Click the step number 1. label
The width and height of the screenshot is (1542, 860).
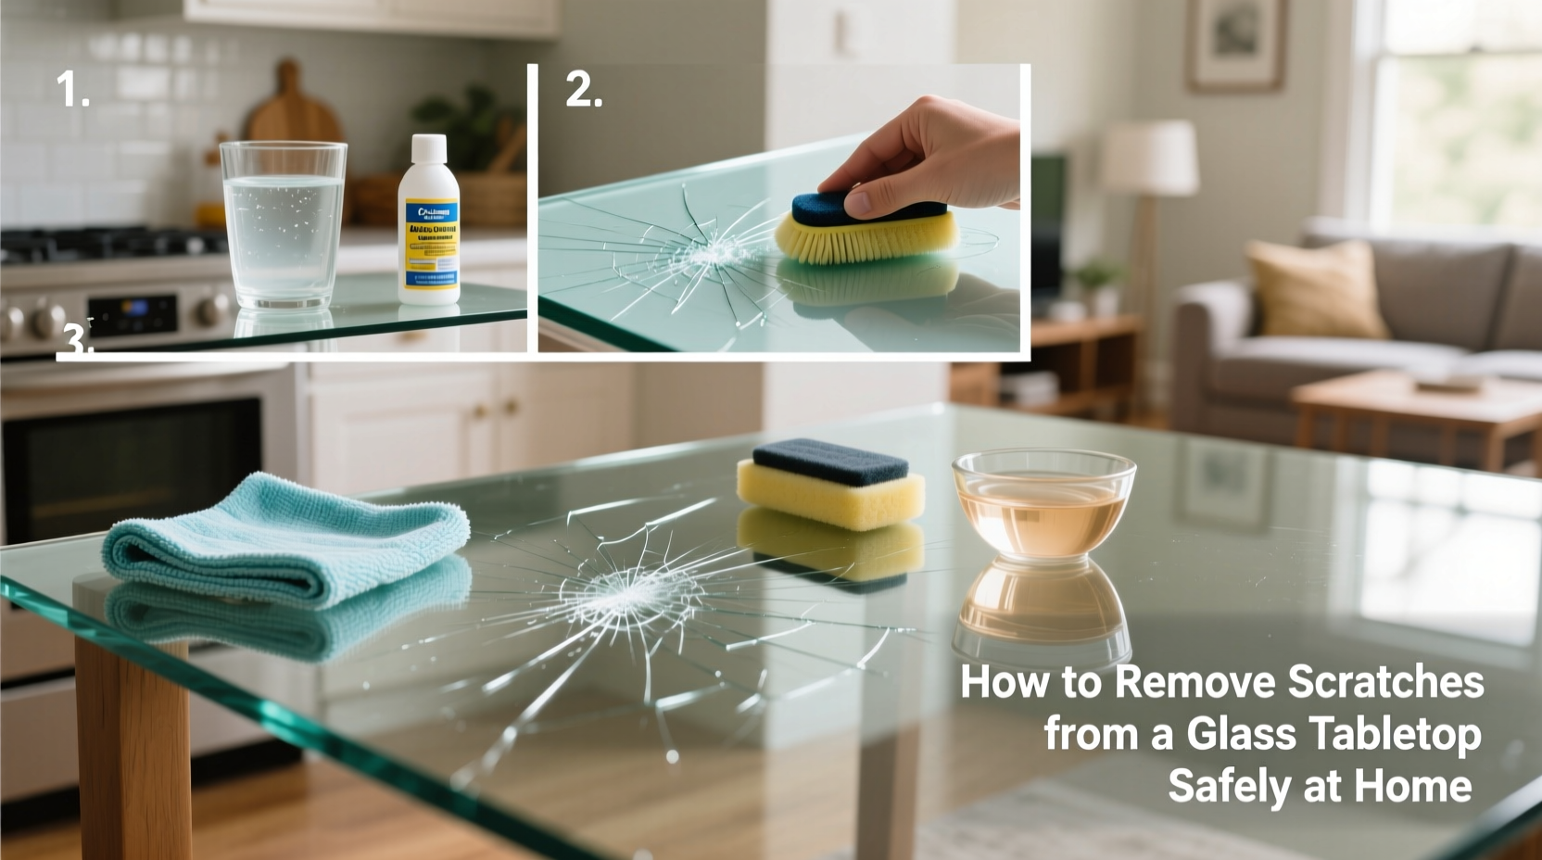coord(72,90)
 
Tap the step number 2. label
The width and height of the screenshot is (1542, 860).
coord(584,90)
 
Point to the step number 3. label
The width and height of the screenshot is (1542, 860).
coord(76,343)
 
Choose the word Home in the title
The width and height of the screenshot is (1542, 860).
coord(1412,786)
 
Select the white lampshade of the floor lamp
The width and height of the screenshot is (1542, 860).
coord(1150,158)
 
